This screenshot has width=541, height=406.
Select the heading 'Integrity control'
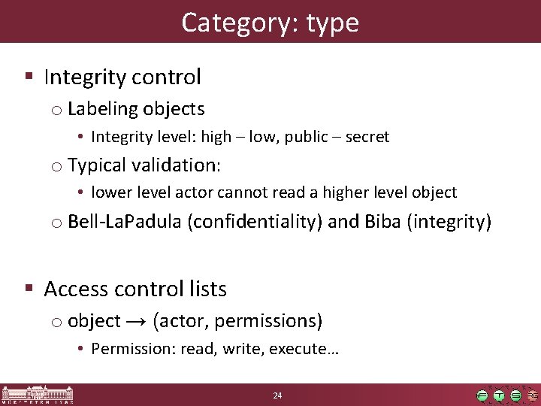click(x=122, y=77)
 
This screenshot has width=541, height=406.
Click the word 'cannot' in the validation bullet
click(x=240, y=192)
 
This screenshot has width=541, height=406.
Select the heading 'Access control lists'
click(x=135, y=289)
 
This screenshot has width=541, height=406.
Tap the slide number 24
click(x=277, y=395)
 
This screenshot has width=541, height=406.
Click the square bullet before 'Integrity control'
click(x=29, y=76)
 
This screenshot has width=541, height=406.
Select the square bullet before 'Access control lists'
click(x=29, y=288)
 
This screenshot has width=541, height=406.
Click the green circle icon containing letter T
click(x=499, y=395)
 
